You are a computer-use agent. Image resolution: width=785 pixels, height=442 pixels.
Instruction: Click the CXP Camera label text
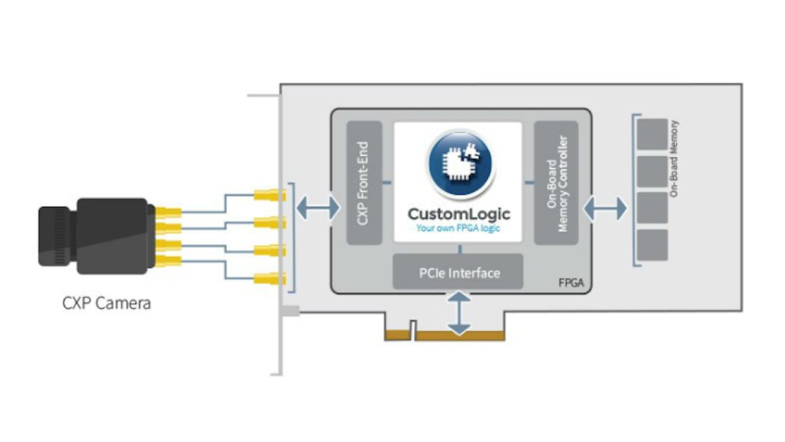pyautogui.click(x=106, y=303)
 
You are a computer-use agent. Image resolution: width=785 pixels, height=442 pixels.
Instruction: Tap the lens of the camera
pyautogui.click(x=57, y=237)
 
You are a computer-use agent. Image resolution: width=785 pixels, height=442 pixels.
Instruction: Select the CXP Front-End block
pyautogui.click(x=364, y=183)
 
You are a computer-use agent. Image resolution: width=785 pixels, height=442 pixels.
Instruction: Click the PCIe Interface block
pyautogui.click(x=458, y=273)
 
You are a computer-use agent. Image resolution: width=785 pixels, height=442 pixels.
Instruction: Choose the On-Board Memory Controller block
pyautogui.click(x=556, y=183)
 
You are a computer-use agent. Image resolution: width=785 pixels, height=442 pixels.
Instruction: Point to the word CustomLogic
pyautogui.click(x=458, y=215)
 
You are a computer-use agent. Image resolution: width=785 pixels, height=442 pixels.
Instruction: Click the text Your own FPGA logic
pyautogui.click(x=458, y=228)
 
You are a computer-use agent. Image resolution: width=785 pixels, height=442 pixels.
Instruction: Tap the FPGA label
pyautogui.click(x=571, y=284)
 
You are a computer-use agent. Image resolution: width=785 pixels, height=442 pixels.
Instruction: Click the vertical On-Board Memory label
pyautogui.click(x=674, y=159)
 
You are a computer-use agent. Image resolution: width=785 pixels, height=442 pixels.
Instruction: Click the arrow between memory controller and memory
pyautogui.click(x=605, y=209)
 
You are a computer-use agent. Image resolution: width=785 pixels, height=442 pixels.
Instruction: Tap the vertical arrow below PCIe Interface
pyautogui.click(x=459, y=313)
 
